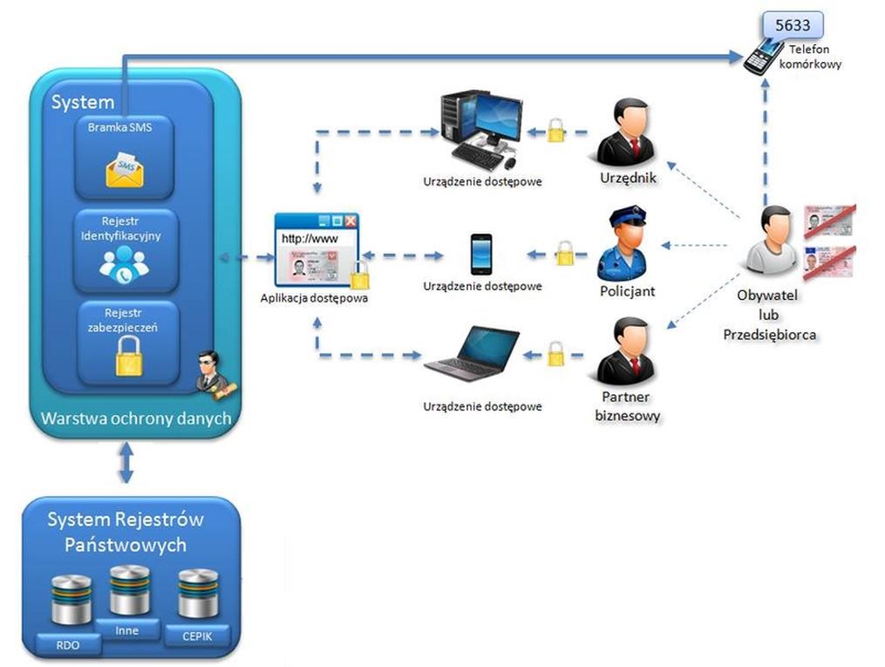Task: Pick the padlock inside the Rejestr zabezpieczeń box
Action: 128,356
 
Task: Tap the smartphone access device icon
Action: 480,254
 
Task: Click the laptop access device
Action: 472,353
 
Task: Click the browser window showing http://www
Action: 316,249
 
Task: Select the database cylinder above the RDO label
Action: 71,599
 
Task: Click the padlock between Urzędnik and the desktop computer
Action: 555,132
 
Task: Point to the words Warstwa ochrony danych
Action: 136,419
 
